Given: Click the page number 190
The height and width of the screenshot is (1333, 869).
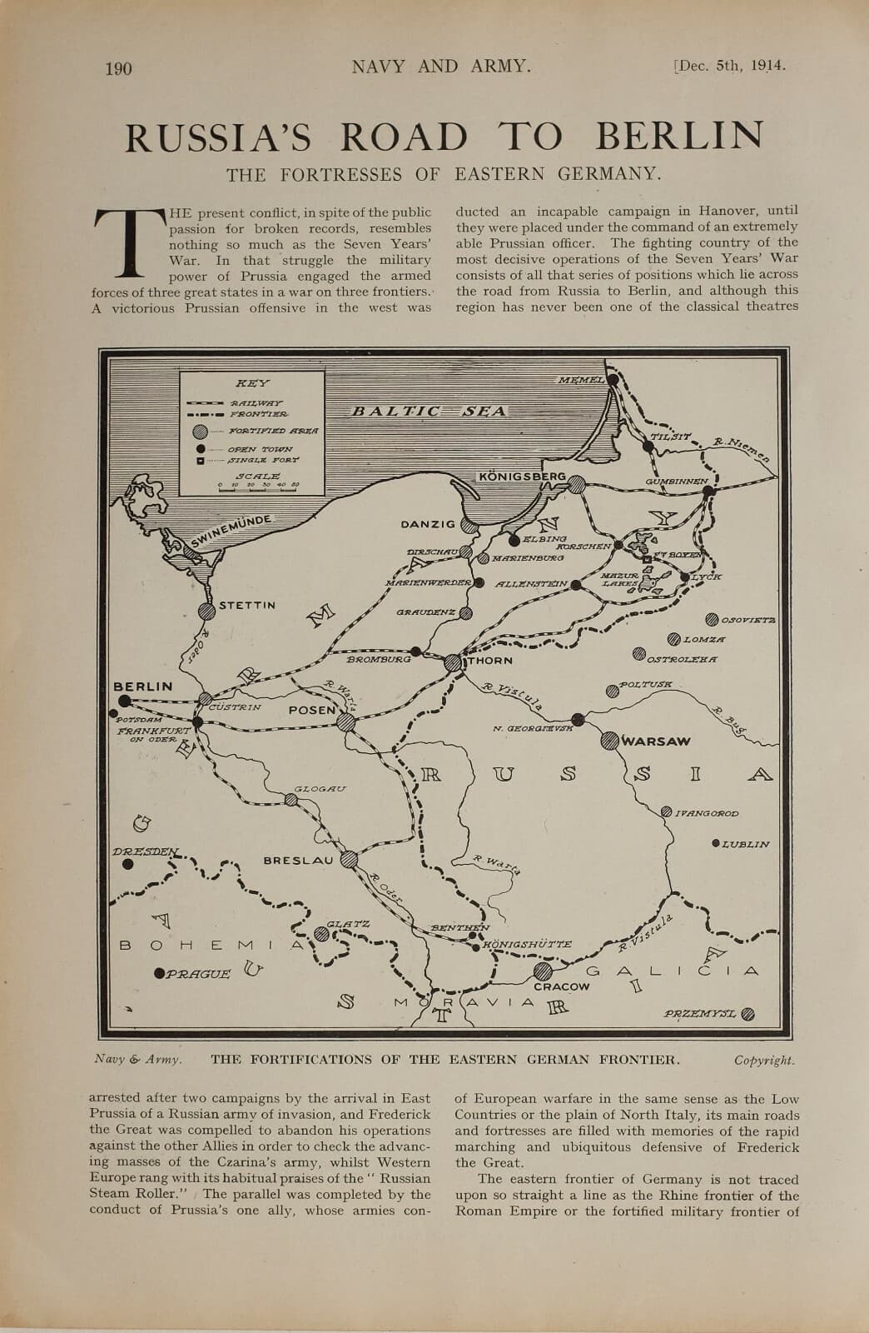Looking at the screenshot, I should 118,68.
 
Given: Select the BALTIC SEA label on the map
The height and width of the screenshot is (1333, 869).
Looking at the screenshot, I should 429,411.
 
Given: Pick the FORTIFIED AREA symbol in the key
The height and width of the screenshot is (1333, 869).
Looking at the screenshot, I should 199,432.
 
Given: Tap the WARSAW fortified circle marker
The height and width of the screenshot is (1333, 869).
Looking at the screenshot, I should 608,740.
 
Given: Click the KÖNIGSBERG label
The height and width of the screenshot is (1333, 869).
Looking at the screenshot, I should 522,477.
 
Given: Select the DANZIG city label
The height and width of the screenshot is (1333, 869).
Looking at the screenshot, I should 428,524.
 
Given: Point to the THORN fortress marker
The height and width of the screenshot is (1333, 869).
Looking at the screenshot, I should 453,663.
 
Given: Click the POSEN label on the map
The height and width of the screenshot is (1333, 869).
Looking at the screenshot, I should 311,710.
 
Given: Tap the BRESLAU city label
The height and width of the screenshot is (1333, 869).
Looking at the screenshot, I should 298,860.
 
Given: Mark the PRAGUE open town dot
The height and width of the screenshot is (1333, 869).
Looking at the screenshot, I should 159,972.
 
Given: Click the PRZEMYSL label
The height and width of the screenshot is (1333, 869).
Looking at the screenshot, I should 699,1014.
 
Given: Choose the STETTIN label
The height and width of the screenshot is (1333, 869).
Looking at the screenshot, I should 246,606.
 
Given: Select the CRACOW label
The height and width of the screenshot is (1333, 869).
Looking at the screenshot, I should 561,986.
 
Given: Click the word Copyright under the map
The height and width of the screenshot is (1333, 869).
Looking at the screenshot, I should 764,1061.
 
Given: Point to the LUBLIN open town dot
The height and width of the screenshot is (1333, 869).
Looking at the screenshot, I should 716,843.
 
